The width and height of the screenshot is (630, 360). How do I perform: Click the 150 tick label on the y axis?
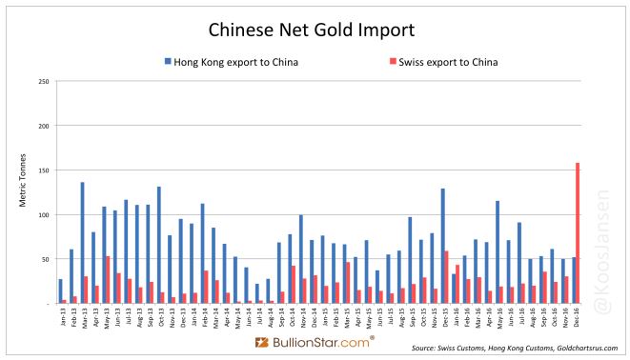43,170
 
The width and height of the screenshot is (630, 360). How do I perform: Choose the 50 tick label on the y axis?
45,259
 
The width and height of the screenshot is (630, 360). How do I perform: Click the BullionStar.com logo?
315,340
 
